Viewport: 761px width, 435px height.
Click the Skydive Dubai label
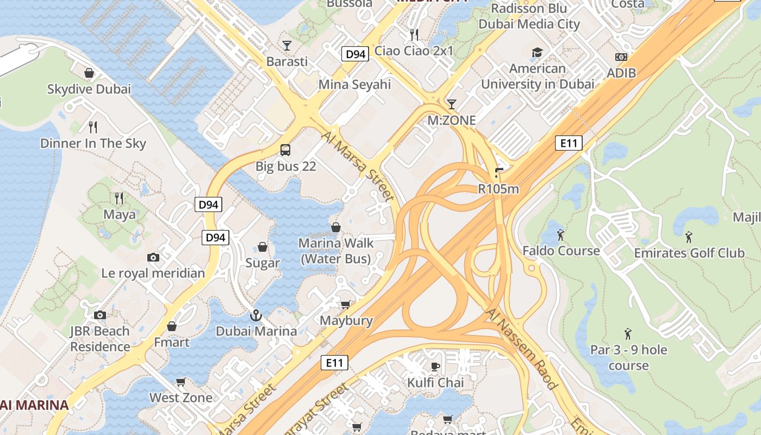[x=89, y=89]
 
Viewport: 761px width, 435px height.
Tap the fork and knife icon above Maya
[x=119, y=198]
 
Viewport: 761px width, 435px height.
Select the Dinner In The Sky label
[x=93, y=144]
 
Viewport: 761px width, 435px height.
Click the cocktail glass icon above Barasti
[x=286, y=45]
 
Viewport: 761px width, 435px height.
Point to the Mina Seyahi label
[x=354, y=84]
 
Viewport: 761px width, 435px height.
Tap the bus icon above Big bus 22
[x=285, y=150]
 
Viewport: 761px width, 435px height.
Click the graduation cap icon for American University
[x=537, y=52]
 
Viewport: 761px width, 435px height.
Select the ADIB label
[x=621, y=73]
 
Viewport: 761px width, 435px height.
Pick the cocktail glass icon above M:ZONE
[x=451, y=104]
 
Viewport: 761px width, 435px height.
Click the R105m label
[x=498, y=189]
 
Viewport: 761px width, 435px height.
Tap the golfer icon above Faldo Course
[x=560, y=235]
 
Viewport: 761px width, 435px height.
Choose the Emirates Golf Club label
[x=689, y=253]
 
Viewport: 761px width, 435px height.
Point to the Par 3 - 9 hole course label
[x=628, y=357]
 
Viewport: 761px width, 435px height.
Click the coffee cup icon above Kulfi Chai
[x=435, y=366]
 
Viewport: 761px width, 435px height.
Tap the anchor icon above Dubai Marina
[x=255, y=315]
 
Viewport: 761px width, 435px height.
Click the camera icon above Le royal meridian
[x=153, y=257]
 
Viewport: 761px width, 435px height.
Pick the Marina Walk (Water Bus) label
[x=335, y=251]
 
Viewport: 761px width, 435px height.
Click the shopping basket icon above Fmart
[x=172, y=326]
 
